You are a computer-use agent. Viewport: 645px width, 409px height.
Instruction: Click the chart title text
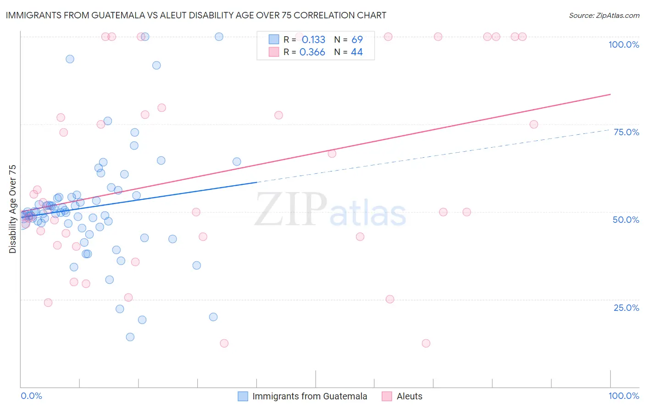coord(196,15)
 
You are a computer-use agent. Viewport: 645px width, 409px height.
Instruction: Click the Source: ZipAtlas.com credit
coord(604,15)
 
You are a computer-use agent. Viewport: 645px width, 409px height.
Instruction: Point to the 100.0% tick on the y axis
coord(623,44)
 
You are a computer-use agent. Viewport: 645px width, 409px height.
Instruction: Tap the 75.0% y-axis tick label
coord(626,132)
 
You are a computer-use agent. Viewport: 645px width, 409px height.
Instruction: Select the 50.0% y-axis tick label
coord(626,220)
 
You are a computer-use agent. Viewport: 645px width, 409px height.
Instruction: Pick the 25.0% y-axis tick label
coord(626,307)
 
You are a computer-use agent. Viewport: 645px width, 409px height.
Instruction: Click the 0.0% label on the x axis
coord(31,396)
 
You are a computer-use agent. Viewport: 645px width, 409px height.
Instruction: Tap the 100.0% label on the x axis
coord(623,396)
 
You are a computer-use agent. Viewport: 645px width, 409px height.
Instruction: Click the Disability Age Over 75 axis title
coord(13,209)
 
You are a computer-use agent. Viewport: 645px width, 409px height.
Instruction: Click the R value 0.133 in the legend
coord(313,40)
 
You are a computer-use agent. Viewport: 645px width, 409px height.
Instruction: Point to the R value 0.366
coord(312,52)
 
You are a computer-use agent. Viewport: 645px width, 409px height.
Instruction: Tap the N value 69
coord(357,40)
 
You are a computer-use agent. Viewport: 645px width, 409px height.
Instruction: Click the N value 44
coord(356,52)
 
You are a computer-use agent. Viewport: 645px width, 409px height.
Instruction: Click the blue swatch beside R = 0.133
coord(274,39)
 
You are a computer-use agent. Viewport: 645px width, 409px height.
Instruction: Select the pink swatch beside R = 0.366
coord(274,52)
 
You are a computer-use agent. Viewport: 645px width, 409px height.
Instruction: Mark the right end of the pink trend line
coord(610,94)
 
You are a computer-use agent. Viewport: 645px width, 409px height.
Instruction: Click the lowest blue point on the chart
coord(130,337)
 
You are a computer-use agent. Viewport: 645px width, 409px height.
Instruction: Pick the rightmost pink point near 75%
coord(534,124)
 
